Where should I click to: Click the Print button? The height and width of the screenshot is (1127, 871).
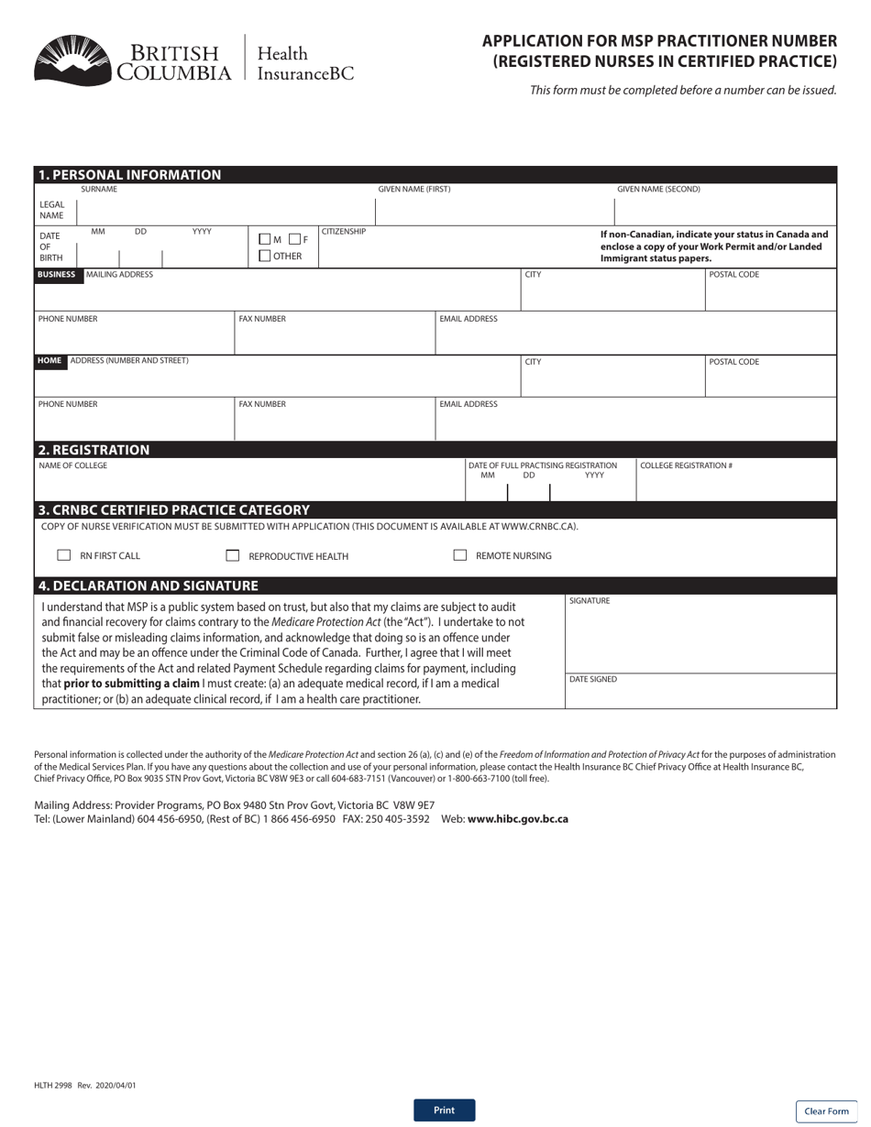click(x=444, y=1110)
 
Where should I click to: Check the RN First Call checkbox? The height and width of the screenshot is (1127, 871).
click(x=64, y=555)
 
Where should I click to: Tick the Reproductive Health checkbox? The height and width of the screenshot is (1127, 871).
click(x=233, y=555)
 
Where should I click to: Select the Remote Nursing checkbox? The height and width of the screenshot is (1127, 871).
click(x=460, y=555)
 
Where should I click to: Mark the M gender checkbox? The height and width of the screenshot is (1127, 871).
click(x=265, y=239)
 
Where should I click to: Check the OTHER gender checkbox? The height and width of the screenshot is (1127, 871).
click(x=265, y=256)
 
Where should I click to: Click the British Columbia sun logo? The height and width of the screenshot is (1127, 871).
click(x=72, y=60)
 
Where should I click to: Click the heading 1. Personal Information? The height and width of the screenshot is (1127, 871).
click(x=129, y=174)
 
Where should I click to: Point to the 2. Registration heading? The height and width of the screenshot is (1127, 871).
click(x=94, y=450)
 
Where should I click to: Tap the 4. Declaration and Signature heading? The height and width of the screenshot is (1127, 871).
click(x=148, y=585)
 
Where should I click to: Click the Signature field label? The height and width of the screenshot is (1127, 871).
click(x=590, y=601)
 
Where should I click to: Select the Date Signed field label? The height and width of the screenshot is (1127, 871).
click(x=593, y=679)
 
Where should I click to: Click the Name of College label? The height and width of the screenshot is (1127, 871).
click(x=72, y=465)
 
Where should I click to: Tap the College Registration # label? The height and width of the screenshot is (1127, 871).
click(x=686, y=465)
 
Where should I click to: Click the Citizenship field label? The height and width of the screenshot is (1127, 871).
click(x=344, y=232)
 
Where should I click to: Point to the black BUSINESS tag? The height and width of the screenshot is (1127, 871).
click(x=57, y=274)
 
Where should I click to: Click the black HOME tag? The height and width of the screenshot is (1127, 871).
click(x=50, y=361)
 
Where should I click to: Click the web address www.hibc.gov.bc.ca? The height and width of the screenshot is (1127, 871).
click(x=517, y=819)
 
